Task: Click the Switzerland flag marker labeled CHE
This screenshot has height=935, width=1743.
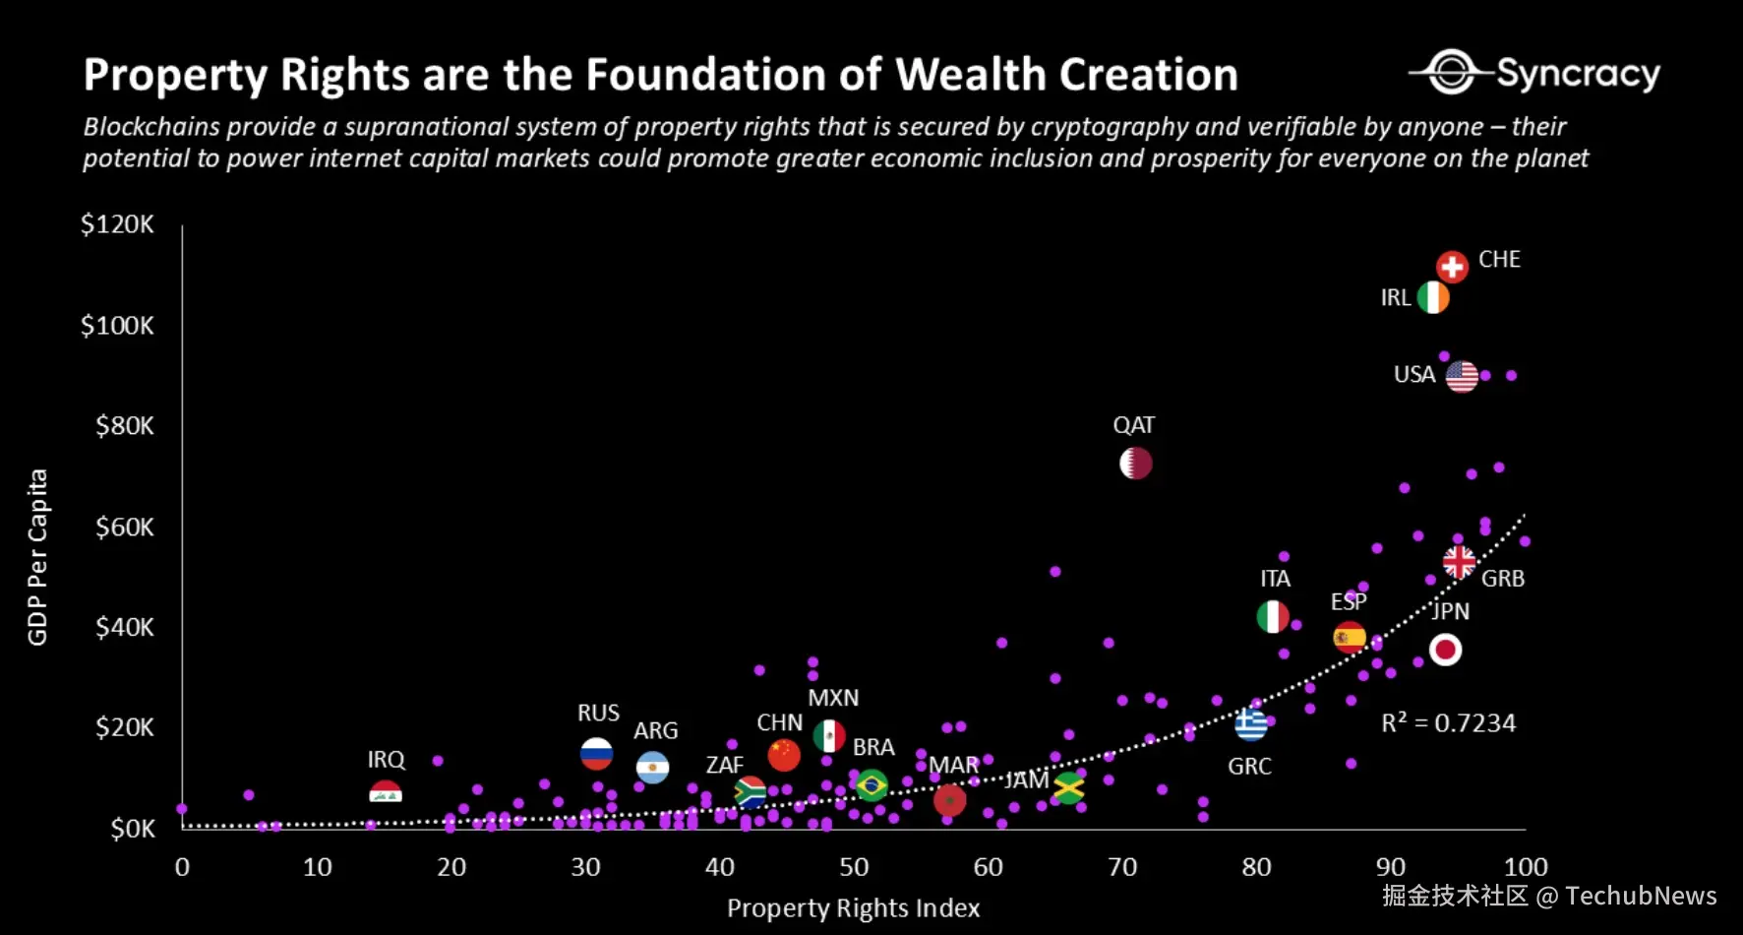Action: point(1452,267)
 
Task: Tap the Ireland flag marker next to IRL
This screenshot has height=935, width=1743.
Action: point(1433,297)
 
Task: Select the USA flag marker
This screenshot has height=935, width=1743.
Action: point(1462,376)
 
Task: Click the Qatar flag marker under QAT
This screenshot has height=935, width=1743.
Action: point(1136,463)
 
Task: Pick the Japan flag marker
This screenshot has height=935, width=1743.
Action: point(1445,650)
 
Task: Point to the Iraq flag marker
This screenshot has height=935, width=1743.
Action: point(386,791)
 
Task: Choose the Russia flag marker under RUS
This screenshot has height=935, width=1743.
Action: point(597,754)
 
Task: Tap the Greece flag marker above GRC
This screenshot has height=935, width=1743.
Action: point(1251,725)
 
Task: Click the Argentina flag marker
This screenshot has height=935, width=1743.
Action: point(653,767)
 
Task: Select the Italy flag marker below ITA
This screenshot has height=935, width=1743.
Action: point(1273,617)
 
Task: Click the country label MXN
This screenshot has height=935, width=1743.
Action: point(833,698)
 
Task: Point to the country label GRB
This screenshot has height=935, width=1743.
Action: point(1503,579)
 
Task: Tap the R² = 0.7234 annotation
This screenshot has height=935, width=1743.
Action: point(1448,723)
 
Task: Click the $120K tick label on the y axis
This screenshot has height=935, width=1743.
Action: point(117,224)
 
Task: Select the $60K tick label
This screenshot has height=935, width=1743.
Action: point(124,528)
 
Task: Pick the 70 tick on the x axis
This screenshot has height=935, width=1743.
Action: point(1122,867)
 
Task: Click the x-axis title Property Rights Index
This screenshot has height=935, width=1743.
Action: point(853,908)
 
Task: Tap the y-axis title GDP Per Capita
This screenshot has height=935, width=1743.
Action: point(37,557)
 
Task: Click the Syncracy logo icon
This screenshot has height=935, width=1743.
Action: point(1451,72)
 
